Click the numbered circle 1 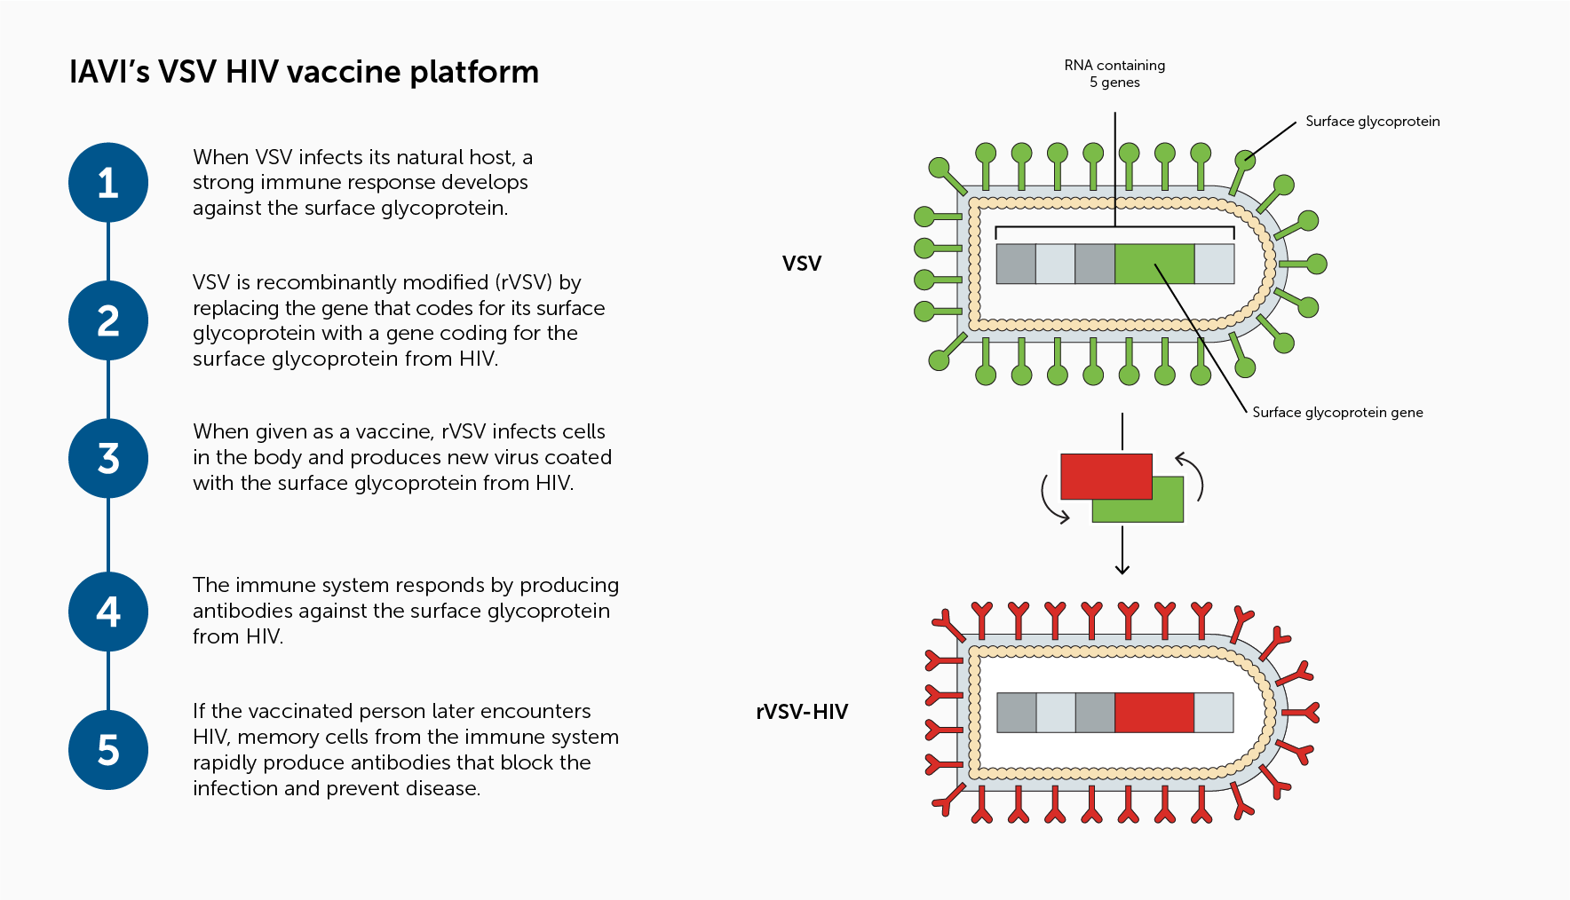tap(108, 183)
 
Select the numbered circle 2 tap(108, 320)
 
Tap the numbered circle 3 tap(108, 458)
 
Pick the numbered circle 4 tap(108, 612)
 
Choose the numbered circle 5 tap(108, 750)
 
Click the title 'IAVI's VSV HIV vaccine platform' tap(304, 72)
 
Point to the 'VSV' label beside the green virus tap(802, 264)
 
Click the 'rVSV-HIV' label tap(802, 712)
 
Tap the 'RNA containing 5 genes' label tap(1114, 74)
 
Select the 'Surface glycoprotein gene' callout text tap(1337, 413)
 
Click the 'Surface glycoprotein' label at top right tap(1372, 122)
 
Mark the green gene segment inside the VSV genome tap(1154, 264)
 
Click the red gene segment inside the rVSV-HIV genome tap(1154, 713)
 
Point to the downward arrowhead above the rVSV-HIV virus tap(1122, 569)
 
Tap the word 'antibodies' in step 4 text tap(242, 612)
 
